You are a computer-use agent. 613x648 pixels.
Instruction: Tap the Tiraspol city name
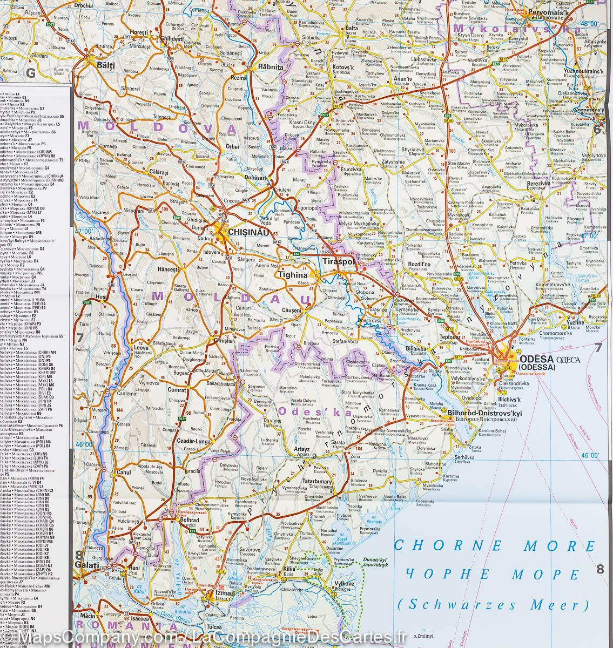click(x=337, y=261)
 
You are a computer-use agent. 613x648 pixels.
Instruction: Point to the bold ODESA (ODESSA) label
click(x=541, y=362)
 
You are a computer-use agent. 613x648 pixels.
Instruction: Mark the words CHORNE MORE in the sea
click(x=494, y=545)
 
